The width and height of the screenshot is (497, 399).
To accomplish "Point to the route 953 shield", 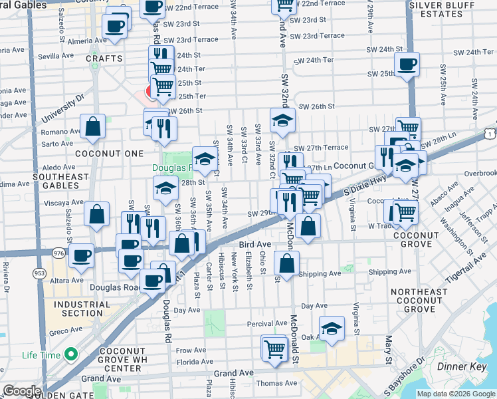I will [x=39, y=272].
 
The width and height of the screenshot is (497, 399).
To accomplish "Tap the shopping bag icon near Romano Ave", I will [x=93, y=126].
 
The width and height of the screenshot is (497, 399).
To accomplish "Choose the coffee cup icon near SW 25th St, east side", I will [x=407, y=65].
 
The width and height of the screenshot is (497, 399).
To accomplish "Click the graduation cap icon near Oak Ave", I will [x=332, y=328].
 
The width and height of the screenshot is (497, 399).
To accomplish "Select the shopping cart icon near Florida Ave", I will [x=274, y=348].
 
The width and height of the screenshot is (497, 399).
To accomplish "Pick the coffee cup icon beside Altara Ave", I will [x=82, y=255].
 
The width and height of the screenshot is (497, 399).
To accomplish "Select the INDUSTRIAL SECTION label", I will [x=78, y=309].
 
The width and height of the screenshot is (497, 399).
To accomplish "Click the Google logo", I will [x=21, y=391].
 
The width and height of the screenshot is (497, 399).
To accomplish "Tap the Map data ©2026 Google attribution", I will [x=455, y=394].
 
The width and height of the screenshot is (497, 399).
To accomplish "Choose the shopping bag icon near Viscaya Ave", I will [x=97, y=214].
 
